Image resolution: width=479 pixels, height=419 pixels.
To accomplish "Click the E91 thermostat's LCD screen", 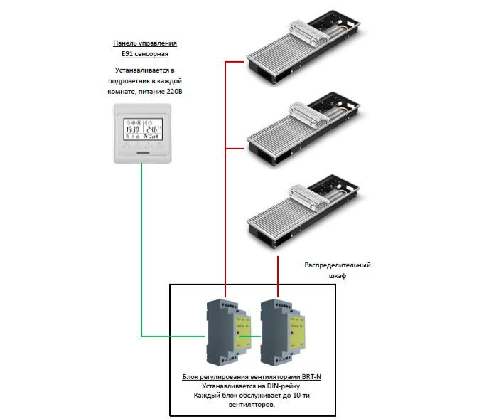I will pos(142,130).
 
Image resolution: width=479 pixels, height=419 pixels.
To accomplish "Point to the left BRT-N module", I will pos(227,330).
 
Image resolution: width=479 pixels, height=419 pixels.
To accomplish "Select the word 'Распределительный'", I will pos(338,265).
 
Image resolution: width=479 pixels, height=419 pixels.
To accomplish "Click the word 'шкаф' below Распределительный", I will pos(337,277).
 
